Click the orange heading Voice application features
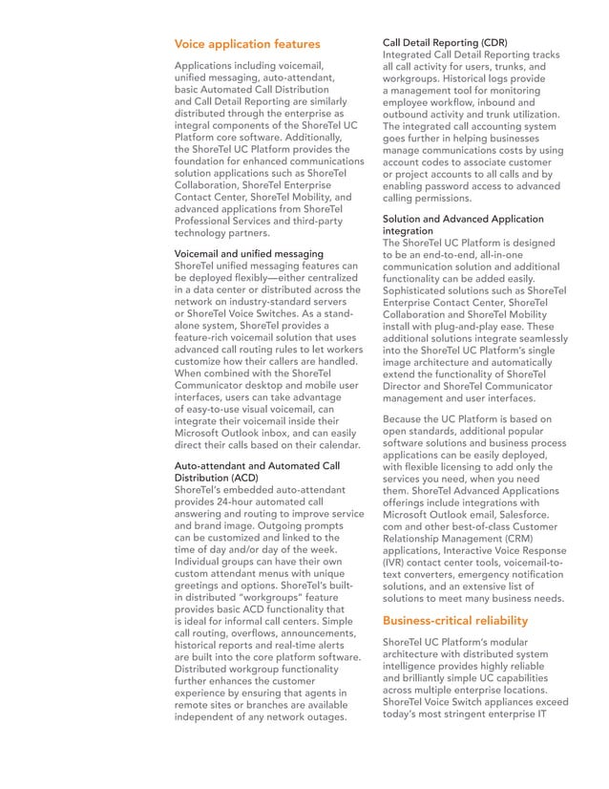click(246, 44)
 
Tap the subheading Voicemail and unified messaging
click(248, 253)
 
